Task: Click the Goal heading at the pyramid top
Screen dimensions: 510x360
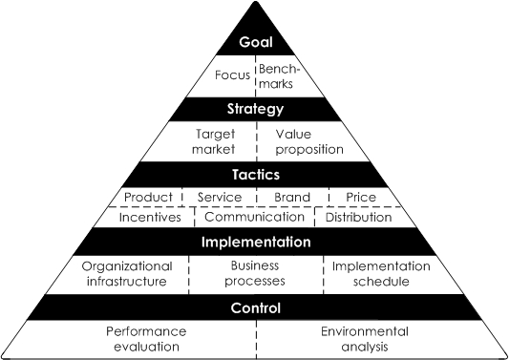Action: click(256, 44)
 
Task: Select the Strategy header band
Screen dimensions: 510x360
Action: click(256, 108)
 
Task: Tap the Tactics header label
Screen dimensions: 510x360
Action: click(256, 175)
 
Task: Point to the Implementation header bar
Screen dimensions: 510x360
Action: click(256, 242)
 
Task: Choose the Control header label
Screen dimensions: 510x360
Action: click(256, 307)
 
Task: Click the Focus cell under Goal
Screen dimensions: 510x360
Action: click(232, 75)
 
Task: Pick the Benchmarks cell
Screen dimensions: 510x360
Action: click(281, 75)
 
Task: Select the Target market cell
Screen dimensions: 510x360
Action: click(214, 141)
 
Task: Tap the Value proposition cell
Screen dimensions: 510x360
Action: click(299, 141)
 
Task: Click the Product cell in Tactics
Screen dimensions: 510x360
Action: click(148, 198)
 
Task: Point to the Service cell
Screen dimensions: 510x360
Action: click(219, 198)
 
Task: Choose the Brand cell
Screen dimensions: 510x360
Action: click(293, 198)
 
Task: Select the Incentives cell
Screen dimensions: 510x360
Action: click(149, 217)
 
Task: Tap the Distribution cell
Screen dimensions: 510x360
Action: click(358, 217)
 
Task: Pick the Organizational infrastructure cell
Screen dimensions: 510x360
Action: click(127, 274)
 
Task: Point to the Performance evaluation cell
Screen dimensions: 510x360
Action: click(146, 339)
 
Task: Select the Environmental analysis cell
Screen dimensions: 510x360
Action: click(364, 339)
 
